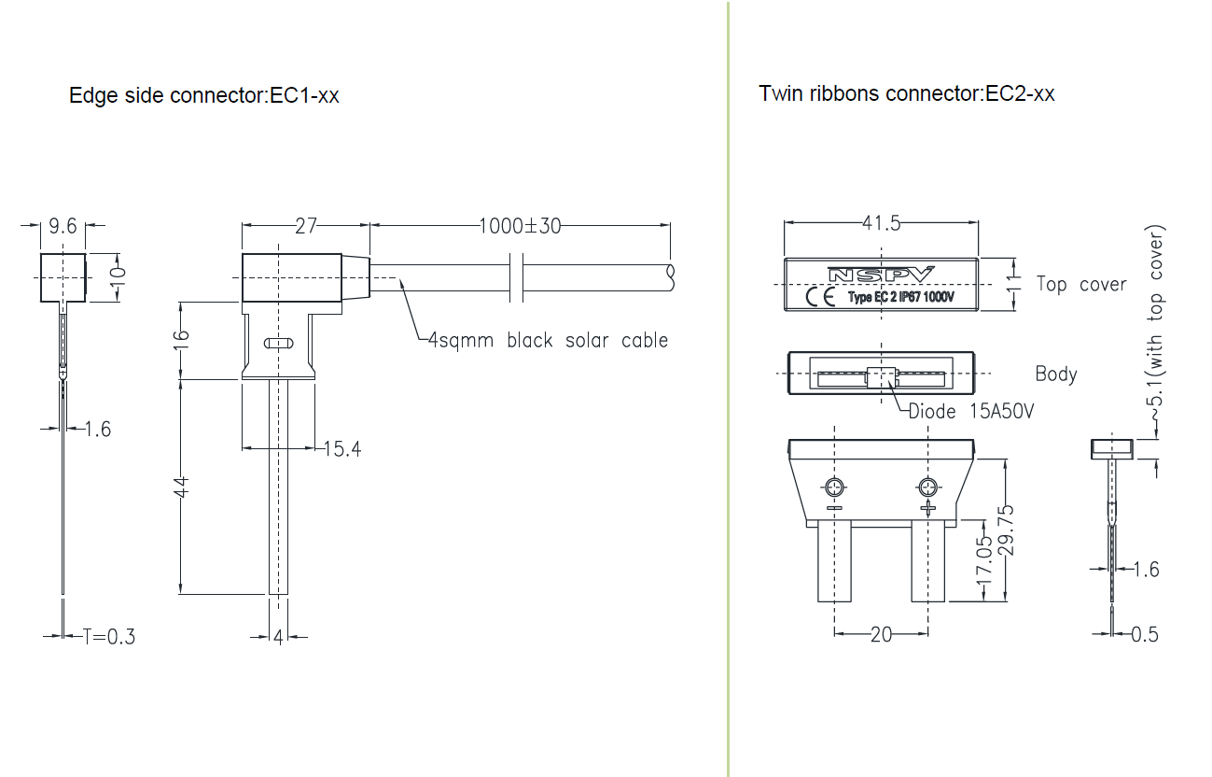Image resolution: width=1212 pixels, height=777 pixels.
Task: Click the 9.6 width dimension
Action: (63, 226)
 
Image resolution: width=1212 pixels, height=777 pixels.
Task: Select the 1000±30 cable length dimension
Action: (520, 225)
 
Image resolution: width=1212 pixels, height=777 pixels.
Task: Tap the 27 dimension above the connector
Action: (306, 225)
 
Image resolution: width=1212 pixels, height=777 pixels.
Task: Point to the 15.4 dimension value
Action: (342, 449)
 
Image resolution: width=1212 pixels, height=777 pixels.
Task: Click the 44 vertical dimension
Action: (182, 486)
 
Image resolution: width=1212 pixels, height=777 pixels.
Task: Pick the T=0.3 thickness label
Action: (108, 637)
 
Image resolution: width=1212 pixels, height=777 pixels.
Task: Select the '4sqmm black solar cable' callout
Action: (548, 340)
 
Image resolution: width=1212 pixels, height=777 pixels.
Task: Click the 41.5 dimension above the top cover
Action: (881, 223)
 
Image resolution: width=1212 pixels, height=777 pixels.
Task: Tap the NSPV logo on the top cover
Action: (880, 275)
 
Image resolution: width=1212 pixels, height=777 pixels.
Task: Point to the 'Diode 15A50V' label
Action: (970, 411)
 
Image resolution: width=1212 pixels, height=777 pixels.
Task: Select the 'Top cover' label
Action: (1081, 284)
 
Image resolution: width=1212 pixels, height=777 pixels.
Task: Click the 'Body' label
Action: (1056, 374)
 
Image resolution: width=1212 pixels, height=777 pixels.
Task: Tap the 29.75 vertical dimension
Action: (1006, 530)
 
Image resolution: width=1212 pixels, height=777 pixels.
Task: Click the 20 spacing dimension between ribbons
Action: (881, 634)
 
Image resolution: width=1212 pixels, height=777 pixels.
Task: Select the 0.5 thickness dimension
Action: (1145, 634)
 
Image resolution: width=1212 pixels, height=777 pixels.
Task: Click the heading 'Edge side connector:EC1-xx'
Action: (204, 95)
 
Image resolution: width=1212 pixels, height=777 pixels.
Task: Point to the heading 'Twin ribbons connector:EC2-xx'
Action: (907, 93)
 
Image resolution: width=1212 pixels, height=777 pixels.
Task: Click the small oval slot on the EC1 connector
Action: (278, 344)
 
